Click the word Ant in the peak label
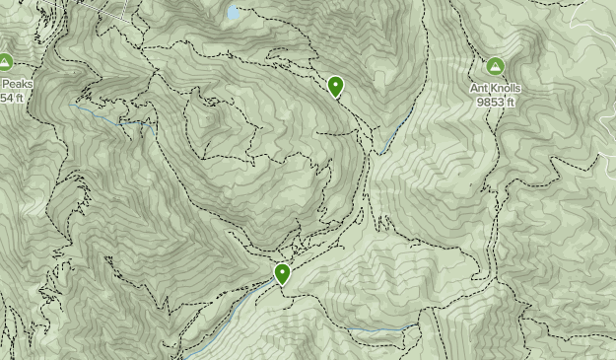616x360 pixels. pos(479,89)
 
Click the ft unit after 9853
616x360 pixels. pos(513,102)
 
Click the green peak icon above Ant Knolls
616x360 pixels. pos(495,67)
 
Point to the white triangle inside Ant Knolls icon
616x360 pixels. pos(495,67)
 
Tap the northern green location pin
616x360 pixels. pos(336,87)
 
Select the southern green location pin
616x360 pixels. pos(283,273)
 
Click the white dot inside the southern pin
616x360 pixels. pos(283,270)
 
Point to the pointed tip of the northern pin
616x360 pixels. pos(336,100)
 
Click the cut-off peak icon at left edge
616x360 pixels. pos(4,63)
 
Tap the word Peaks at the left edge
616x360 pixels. pos(17,85)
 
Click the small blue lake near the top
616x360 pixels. pos(234,14)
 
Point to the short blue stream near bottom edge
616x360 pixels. pos(379,328)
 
